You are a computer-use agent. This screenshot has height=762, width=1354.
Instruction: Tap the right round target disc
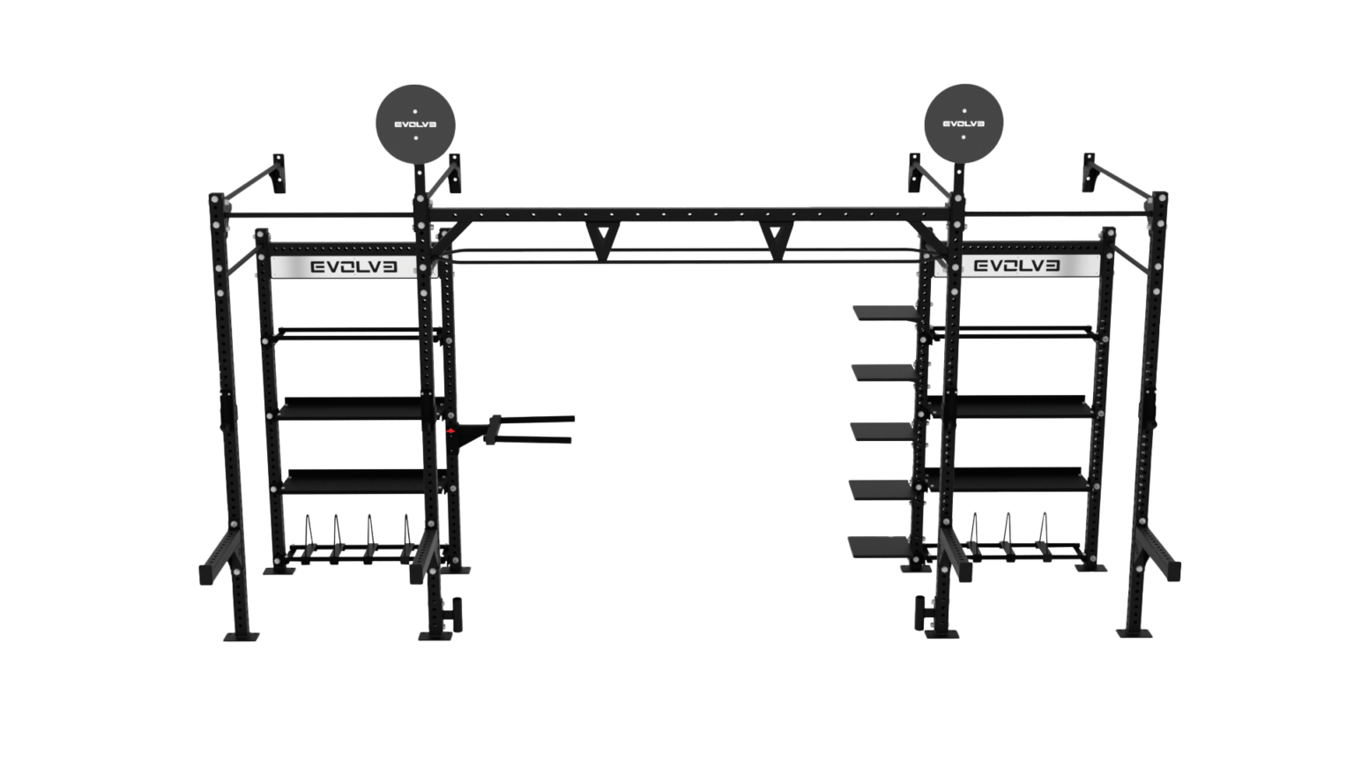(x=964, y=124)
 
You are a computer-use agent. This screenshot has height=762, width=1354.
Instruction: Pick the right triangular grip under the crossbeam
(x=776, y=240)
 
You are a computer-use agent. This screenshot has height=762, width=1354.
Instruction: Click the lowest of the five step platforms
(x=881, y=545)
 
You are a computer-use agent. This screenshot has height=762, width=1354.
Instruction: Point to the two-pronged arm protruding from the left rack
(x=520, y=429)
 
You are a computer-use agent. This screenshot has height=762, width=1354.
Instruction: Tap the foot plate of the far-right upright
(x=1134, y=632)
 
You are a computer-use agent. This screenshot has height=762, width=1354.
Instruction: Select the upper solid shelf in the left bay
(x=351, y=407)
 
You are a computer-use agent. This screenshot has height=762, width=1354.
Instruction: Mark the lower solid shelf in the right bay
(x=1021, y=479)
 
